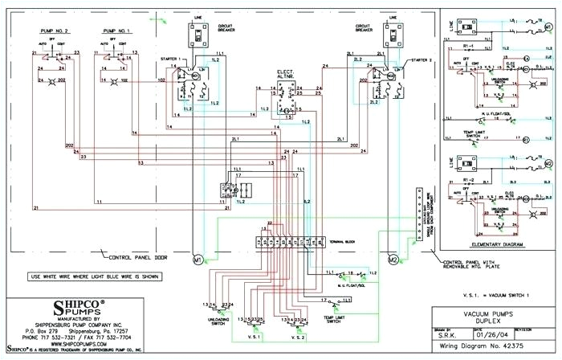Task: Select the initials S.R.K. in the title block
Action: pos(453,331)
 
